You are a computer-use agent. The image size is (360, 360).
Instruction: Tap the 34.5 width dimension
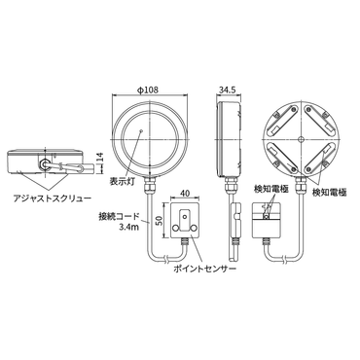coord(227,90)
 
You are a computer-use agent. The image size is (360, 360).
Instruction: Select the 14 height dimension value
coord(100,158)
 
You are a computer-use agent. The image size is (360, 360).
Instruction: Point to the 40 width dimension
coord(185,194)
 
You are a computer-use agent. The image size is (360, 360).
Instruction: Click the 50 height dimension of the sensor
coord(160,221)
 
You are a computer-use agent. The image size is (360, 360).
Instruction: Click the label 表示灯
coord(120,181)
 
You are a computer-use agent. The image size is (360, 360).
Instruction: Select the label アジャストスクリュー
coord(52,198)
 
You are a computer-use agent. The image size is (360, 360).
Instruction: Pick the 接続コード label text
coord(120,216)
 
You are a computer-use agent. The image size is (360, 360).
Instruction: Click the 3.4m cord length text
coord(128,227)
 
